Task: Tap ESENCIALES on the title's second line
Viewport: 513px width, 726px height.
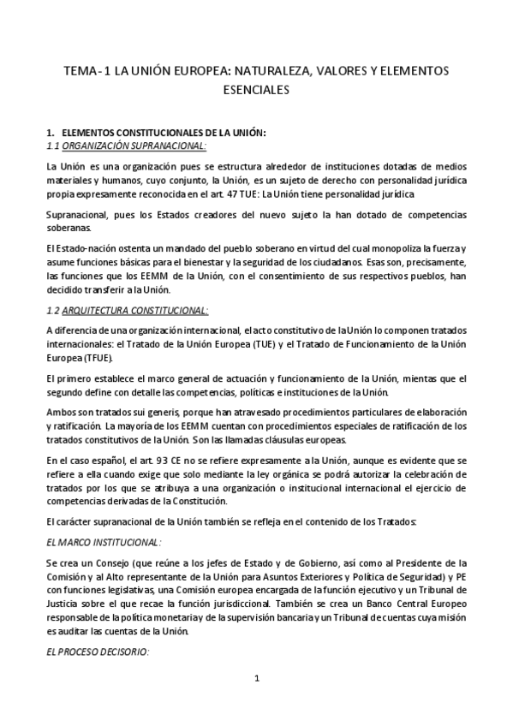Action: point(255,88)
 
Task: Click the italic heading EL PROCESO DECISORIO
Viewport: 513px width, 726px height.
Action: point(97,652)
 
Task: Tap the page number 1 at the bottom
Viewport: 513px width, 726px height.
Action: point(256,679)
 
